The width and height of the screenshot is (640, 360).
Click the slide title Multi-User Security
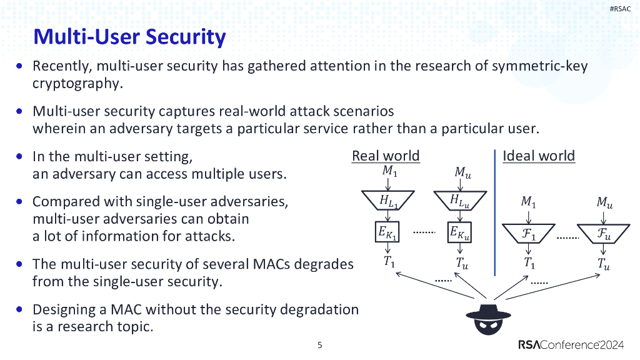[x=129, y=37]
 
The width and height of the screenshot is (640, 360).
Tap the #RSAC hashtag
[x=620, y=9]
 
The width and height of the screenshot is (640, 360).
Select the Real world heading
[x=386, y=156]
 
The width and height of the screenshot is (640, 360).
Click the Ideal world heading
[x=538, y=156]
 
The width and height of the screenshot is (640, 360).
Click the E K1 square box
[x=387, y=232]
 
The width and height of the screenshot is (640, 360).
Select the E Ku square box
[x=459, y=232]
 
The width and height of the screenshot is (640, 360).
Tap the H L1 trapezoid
[x=387, y=201]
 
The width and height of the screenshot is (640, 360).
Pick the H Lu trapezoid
[x=460, y=201]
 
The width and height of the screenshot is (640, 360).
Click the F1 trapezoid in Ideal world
[x=529, y=234]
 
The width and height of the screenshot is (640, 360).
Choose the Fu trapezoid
[x=604, y=234]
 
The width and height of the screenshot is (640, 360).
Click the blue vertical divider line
[x=495, y=212]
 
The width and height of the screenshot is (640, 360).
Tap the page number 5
[x=320, y=345]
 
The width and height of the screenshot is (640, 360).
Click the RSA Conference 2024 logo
[x=571, y=345]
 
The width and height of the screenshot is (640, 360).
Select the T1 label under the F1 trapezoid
[x=529, y=263]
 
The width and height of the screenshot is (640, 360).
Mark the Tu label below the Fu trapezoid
[x=604, y=264]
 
